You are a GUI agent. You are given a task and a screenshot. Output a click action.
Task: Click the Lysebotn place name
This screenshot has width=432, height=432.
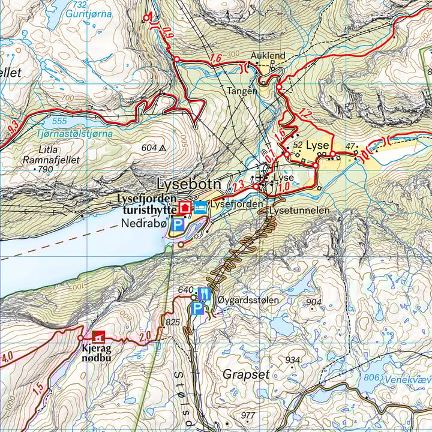pos(189,184)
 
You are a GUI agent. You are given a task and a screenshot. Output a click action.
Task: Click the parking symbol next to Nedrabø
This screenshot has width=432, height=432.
pos(178,225)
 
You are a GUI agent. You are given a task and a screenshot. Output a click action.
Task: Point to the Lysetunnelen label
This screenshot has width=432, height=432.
pos(300,211)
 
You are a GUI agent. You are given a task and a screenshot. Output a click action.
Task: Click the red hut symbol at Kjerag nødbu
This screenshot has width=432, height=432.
pos(97,338)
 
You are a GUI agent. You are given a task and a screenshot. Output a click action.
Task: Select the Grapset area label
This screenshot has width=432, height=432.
pos(246,374)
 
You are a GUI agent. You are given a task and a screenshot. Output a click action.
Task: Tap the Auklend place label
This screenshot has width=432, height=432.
pos(268,56)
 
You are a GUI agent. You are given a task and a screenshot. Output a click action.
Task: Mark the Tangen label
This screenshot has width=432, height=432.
pos(242,91)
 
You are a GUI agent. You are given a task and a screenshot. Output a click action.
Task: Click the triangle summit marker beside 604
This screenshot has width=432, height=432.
pos(162,148)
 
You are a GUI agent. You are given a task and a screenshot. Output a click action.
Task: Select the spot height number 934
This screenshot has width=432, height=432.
pos(292,359)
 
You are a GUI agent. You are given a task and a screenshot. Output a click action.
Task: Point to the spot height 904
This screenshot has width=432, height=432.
pos(314,302)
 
